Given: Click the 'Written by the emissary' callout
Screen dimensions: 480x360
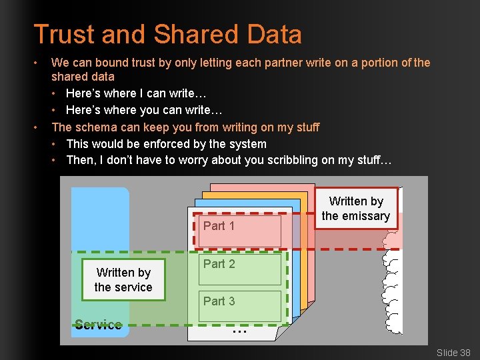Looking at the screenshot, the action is click(356, 209).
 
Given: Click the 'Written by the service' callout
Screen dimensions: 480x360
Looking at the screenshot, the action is click(123, 280).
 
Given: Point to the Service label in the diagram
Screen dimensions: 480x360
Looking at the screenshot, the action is click(98, 325).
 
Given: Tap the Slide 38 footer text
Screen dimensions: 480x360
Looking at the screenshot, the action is click(453, 352).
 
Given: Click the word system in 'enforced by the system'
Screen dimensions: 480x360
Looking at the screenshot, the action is click(247, 143).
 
